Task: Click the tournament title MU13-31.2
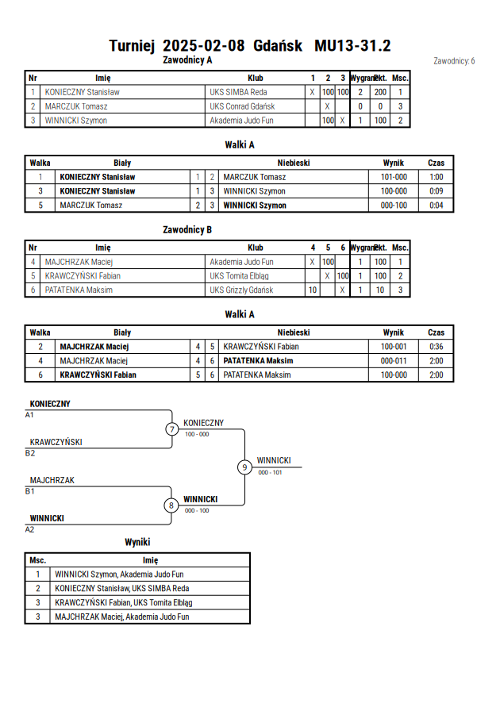pos(352,46)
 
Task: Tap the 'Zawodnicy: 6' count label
pos(454,61)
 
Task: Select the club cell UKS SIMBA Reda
pos(238,92)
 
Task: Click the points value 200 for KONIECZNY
pos(380,92)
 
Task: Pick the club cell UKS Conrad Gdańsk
pos(242,106)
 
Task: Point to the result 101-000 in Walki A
pos(394,177)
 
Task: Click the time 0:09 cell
pos(436,190)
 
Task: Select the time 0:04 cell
pos(436,206)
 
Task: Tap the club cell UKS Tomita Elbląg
pos(239,276)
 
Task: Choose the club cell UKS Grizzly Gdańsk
pos(241,290)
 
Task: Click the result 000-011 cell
pos(394,361)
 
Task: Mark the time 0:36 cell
pos(436,346)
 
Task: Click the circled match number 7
pos(171,428)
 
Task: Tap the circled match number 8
pos(171,505)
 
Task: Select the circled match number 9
pos(244,467)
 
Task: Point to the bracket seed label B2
pos(29,453)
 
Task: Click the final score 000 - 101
pos(270,473)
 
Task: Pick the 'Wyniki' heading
pos(137,542)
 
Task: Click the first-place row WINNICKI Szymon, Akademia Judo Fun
pos(119,574)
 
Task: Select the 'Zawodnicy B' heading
pos(187,230)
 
